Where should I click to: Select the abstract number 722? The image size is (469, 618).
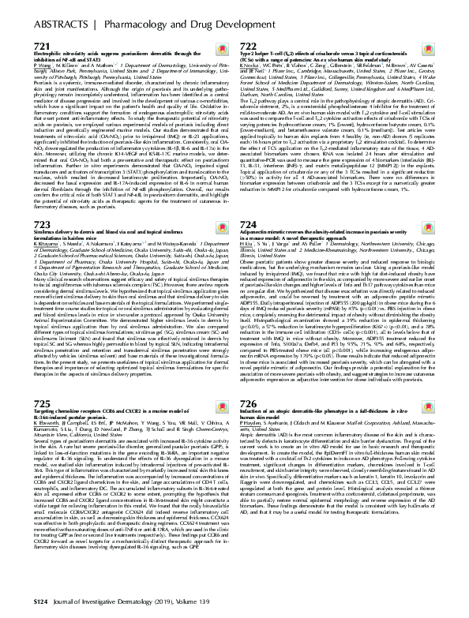(x=249, y=47)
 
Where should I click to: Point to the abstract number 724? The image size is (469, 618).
(x=249, y=203)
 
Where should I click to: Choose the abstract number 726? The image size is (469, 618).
(x=249, y=378)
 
